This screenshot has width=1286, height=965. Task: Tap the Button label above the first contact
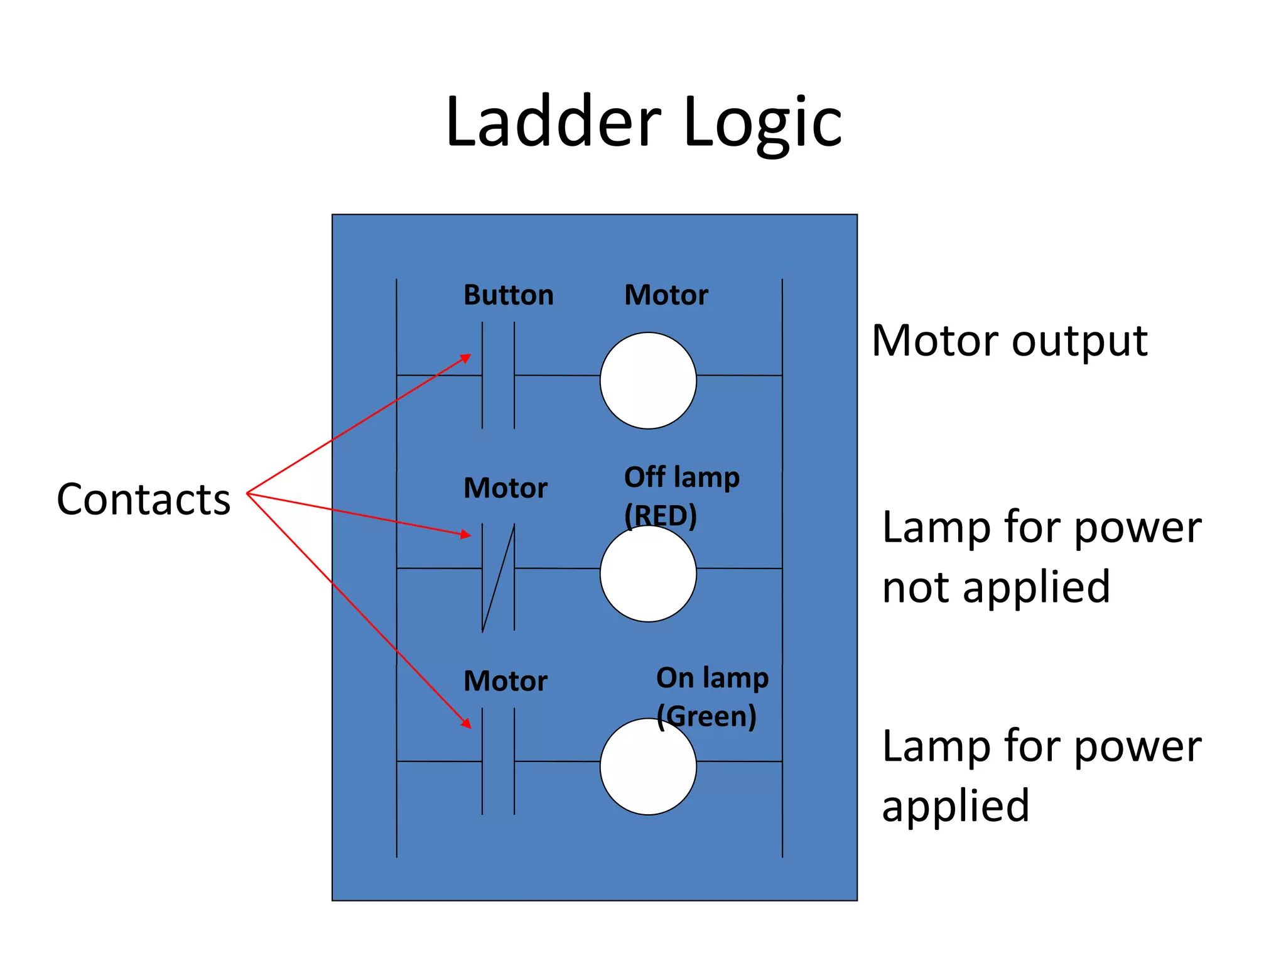point(508,295)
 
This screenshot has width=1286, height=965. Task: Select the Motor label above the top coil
point(666,295)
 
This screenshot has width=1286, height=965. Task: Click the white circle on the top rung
point(648,381)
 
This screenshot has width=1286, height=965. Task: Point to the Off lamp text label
point(681,477)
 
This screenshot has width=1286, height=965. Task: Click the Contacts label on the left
point(143,499)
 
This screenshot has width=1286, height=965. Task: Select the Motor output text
point(1009,341)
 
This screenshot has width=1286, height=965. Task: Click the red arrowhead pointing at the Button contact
point(466,358)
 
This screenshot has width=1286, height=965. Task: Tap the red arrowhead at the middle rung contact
point(465,535)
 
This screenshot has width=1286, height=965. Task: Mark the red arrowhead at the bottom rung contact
point(467,723)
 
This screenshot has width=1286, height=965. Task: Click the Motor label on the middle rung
point(505,488)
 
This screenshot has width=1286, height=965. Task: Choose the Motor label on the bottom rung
point(505,681)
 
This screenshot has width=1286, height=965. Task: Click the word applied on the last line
point(955,806)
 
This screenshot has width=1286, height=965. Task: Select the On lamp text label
point(712,679)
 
